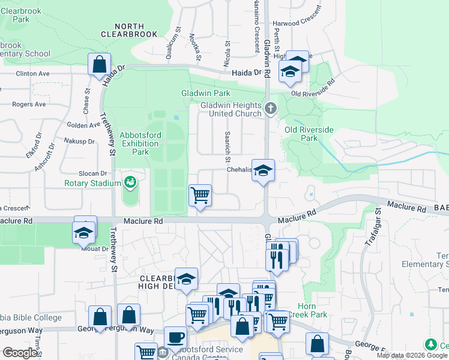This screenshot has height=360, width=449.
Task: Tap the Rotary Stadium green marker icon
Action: coord(130,181)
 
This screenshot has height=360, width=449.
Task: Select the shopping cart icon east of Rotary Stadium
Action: coord(199,194)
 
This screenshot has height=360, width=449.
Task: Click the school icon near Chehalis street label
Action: coord(263,170)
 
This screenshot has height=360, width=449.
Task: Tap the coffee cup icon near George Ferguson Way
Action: coord(175,337)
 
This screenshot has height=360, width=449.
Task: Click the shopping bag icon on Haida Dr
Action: coord(99,64)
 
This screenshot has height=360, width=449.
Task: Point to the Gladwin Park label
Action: coord(206,94)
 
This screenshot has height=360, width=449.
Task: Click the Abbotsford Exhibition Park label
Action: coord(139,143)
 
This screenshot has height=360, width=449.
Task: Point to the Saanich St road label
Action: coord(228,147)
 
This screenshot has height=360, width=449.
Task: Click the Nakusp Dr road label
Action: coord(80,142)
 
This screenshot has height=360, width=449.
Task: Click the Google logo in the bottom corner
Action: coord(20,353)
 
